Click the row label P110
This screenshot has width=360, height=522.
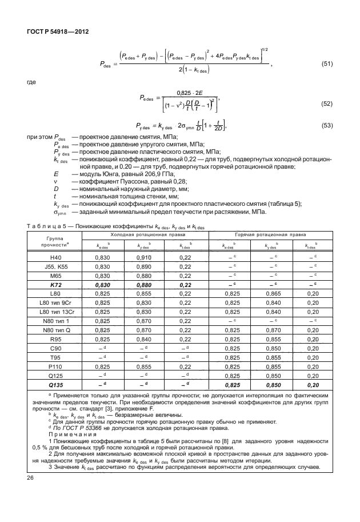tap(56, 366)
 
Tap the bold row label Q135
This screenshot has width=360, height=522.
tap(56, 384)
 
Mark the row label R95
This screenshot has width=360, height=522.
tap(56, 338)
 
